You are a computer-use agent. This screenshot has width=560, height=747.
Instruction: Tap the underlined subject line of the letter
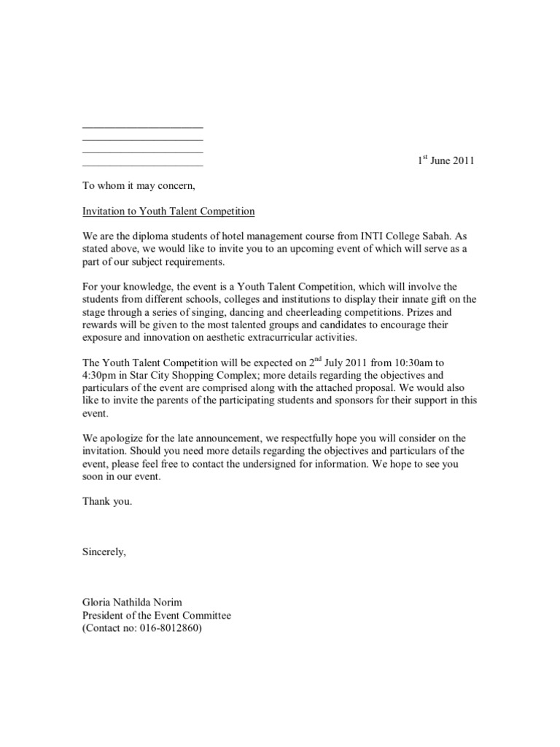168,212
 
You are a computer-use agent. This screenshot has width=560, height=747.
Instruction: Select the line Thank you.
107,502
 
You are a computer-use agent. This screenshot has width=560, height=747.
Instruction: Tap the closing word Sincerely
104,551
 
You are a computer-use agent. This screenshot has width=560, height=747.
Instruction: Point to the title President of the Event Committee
156,615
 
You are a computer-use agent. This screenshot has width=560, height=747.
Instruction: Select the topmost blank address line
142,128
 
